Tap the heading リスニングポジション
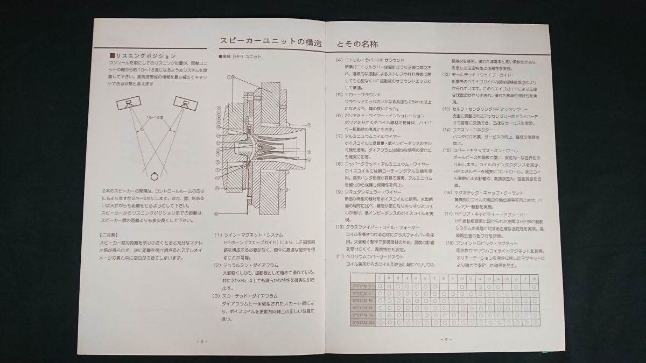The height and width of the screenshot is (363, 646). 142,55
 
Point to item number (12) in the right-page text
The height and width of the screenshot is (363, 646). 446,74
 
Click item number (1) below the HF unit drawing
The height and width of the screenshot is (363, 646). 218,235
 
